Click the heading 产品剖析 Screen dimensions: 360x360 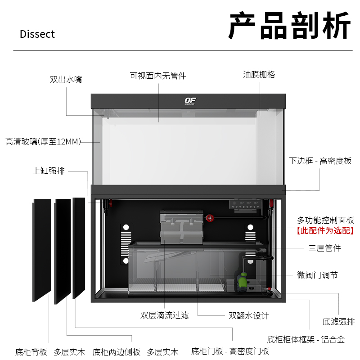click(x=289, y=27)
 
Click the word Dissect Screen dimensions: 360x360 click(x=37, y=34)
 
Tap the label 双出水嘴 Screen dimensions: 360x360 click(x=66, y=80)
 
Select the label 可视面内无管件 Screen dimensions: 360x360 click(x=158, y=76)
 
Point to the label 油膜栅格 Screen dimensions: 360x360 click(x=259, y=75)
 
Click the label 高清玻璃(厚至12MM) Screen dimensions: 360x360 click(x=43, y=142)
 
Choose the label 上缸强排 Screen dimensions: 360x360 click(x=49, y=171)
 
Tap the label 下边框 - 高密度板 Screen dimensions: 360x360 click(x=320, y=161)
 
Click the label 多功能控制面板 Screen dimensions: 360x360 click(x=325, y=220)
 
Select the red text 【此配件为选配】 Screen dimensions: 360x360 click(x=324, y=231)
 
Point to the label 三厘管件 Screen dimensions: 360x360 click(x=324, y=248)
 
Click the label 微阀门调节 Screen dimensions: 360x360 click(x=317, y=275)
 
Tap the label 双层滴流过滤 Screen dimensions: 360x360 click(x=164, y=315)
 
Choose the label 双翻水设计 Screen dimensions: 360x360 click(x=248, y=315)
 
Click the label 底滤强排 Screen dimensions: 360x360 click(x=338, y=321)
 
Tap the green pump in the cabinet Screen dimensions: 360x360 click(x=243, y=281)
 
